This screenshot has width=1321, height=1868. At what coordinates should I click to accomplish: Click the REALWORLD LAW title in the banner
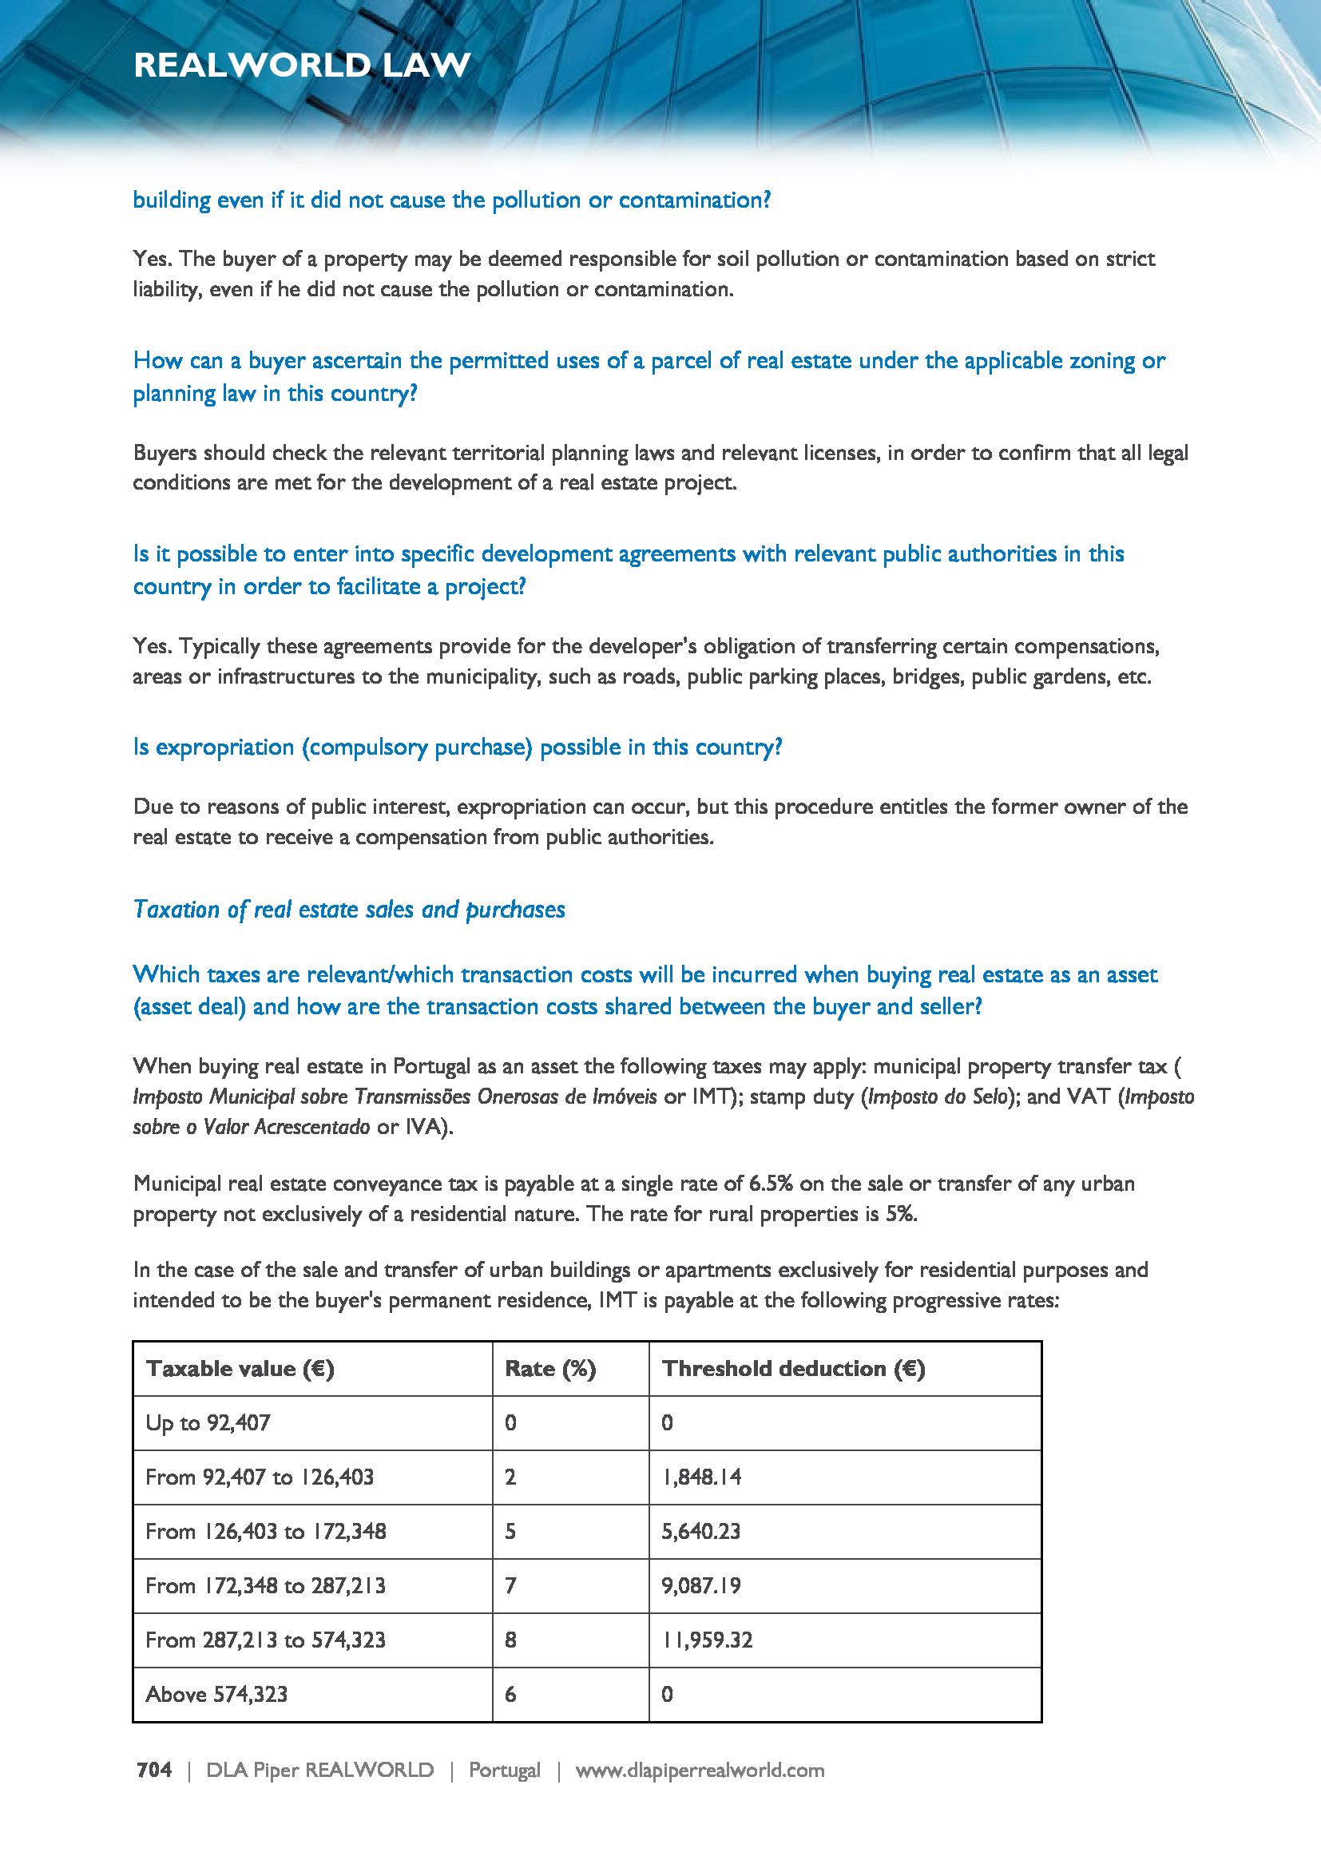click(x=302, y=65)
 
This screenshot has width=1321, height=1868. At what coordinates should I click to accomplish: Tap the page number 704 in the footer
click(x=153, y=1770)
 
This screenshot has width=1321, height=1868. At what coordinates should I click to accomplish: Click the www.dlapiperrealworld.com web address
click(x=700, y=1770)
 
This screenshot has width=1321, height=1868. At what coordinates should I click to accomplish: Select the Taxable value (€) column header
click(x=240, y=1369)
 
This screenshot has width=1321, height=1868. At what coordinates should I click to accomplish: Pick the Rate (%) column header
click(x=549, y=1369)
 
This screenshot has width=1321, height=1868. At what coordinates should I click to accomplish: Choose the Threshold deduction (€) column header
click(x=793, y=1369)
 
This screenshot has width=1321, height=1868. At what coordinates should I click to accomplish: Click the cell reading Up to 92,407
click(x=208, y=1422)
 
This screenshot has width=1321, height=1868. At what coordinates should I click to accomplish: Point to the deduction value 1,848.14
click(x=701, y=1477)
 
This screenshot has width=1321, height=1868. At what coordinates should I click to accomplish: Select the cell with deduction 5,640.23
click(x=701, y=1531)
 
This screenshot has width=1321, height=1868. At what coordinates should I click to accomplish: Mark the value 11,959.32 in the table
click(x=707, y=1640)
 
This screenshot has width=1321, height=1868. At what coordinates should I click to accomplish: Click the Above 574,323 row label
click(x=216, y=1694)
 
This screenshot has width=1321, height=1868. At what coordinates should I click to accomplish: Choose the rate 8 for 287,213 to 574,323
click(x=511, y=1640)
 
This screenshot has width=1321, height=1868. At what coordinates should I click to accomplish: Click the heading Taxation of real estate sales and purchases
click(x=349, y=909)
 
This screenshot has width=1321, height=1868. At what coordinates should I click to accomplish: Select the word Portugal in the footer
click(x=504, y=1770)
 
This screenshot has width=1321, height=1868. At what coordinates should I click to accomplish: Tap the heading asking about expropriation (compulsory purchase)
click(x=457, y=747)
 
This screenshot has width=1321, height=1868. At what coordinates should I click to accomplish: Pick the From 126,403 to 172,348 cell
click(x=265, y=1531)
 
